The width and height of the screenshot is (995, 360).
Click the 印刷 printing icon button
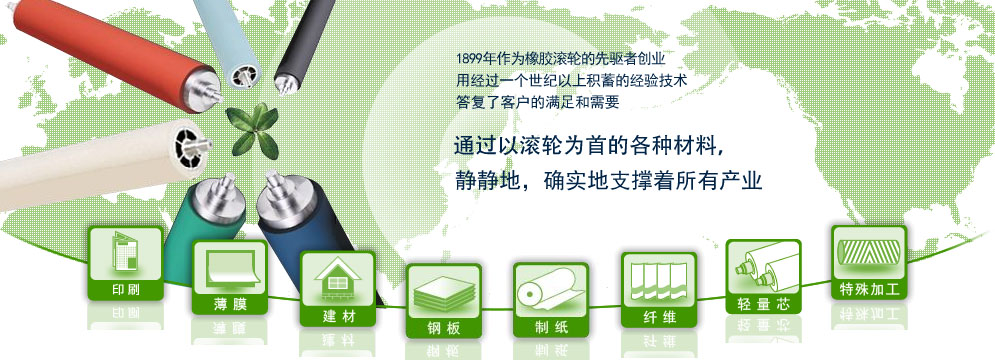(125, 263)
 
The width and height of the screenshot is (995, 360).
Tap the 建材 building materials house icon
(337, 288)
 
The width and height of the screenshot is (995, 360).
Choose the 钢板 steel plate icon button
(443, 301)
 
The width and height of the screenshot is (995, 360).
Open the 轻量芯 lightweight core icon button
(763, 275)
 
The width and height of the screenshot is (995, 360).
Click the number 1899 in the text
(469, 57)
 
